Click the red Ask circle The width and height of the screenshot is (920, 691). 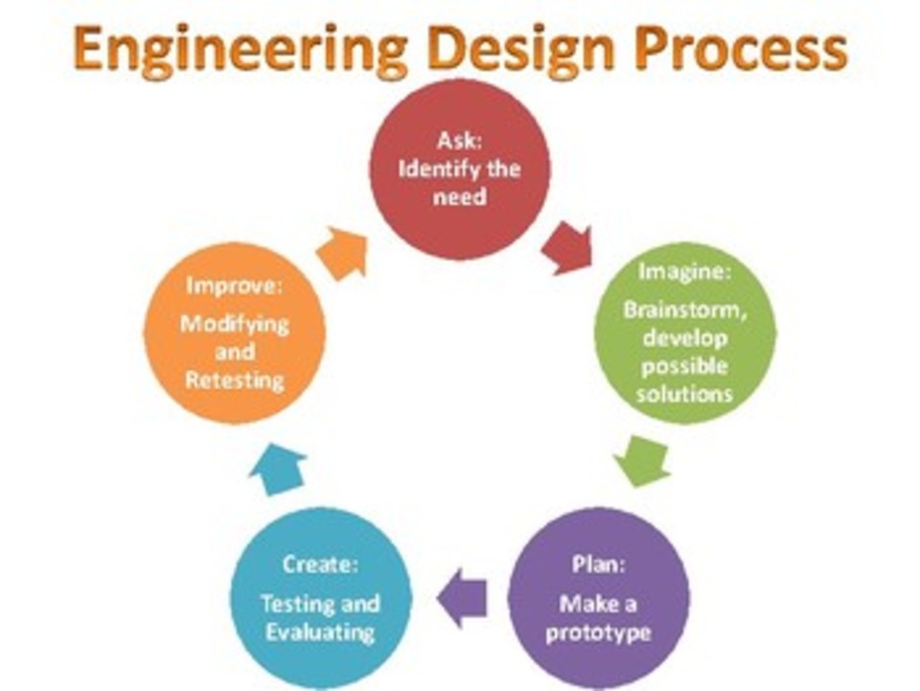(460, 169)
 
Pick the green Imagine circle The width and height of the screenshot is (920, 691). (684, 332)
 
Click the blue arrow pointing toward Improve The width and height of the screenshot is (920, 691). (279, 468)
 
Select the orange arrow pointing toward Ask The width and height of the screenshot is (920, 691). (342, 254)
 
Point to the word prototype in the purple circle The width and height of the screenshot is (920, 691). (598, 633)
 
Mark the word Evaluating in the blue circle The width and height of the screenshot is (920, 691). (320, 633)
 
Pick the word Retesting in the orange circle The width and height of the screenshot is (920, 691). (235, 380)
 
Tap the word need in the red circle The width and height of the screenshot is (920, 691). (460, 197)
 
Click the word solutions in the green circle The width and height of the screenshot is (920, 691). (687, 394)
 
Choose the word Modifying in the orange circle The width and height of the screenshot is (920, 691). (235, 323)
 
